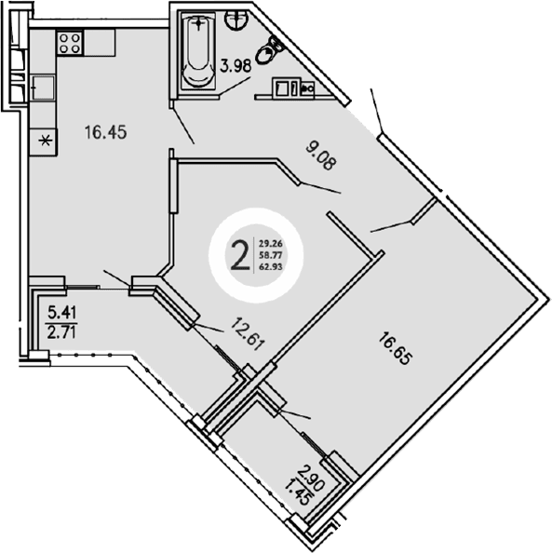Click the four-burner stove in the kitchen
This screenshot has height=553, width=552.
click(70, 42)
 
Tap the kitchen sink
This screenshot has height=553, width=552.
click(41, 88)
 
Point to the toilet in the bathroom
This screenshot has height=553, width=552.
click(271, 48)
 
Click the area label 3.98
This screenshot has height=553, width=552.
click(236, 66)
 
